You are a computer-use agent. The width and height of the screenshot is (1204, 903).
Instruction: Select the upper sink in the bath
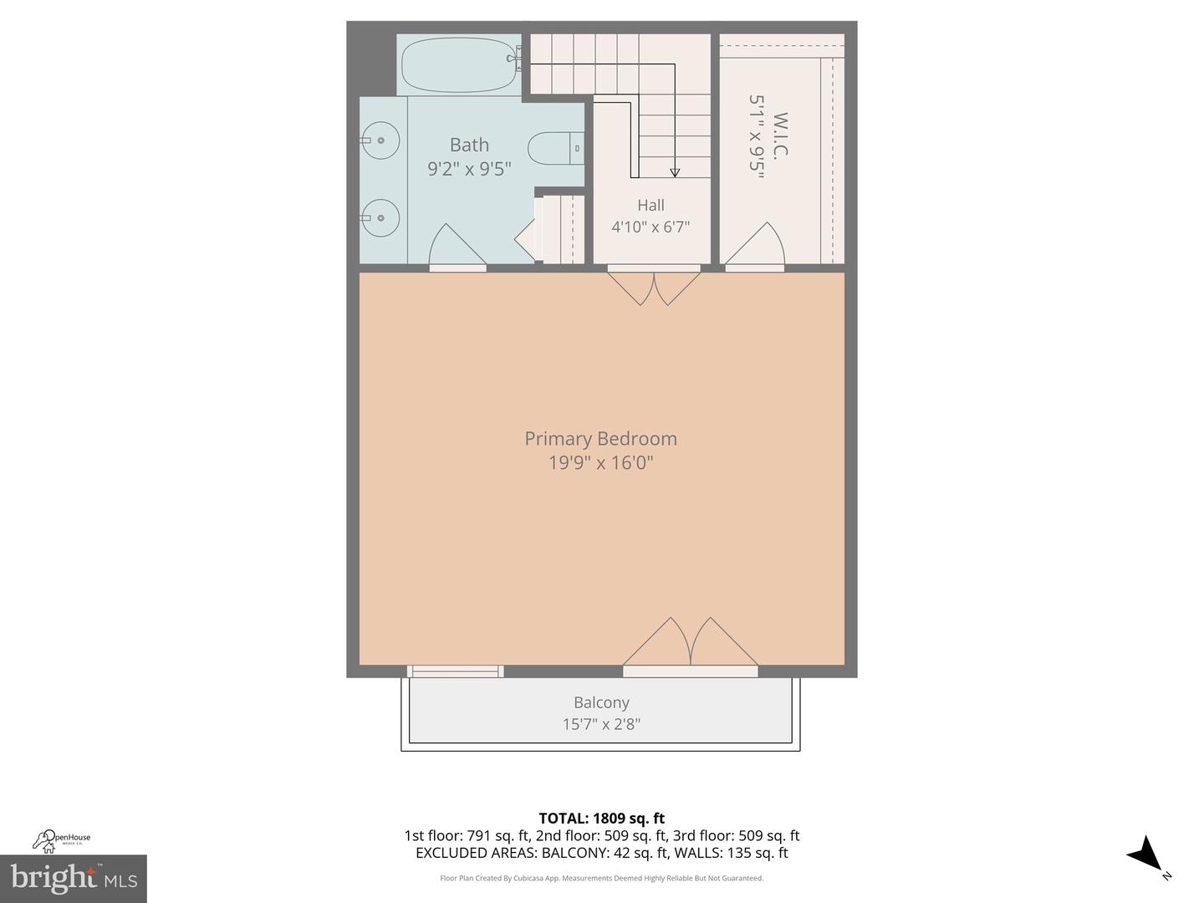click(x=380, y=140)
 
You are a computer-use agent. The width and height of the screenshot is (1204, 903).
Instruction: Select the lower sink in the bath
click(x=380, y=217)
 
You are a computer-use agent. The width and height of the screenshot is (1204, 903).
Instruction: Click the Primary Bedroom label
click(x=600, y=438)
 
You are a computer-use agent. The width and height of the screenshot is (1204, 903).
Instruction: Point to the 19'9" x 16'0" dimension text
click(x=600, y=462)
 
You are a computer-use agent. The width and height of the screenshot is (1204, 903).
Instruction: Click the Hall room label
click(x=650, y=205)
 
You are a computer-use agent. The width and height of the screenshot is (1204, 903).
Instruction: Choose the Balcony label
click(x=601, y=702)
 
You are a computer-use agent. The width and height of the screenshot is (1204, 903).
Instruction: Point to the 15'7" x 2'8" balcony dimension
click(x=601, y=724)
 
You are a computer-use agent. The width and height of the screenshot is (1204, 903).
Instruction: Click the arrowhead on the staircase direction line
click(x=675, y=172)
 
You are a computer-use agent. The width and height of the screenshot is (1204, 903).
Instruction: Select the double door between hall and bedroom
click(x=654, y=285)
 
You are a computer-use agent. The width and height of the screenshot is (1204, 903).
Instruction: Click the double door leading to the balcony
click(x=691, y=645)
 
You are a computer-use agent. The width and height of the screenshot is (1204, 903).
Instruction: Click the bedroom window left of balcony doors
click(x=456, y=671)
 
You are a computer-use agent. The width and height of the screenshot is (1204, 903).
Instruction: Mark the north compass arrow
click(x=1146, y=855)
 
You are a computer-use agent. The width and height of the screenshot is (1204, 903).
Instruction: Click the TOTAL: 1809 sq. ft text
click(x=601, y=818)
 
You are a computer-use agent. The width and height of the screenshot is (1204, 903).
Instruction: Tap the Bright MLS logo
click(x=74, y=878)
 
